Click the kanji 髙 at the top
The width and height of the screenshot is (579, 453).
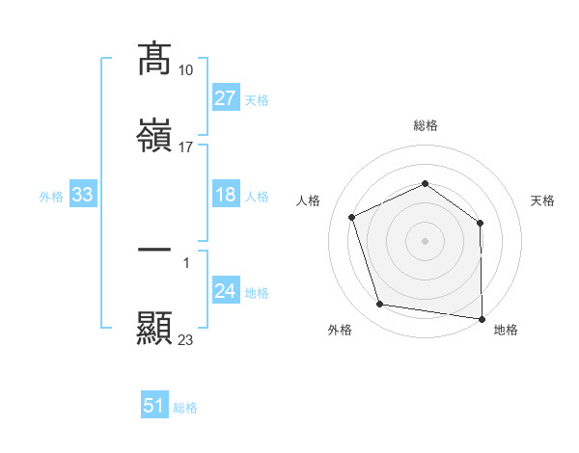click(x=154, y=60)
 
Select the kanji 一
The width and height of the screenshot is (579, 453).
click(x=154, y=250)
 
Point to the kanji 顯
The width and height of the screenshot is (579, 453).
click(x=154, y=328)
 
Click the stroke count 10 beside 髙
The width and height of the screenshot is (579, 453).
click(x=186, y=70)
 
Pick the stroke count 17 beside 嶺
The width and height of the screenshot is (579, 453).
click(x=186, y=147)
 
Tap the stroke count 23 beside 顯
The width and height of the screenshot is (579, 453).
click(x=186, y=339)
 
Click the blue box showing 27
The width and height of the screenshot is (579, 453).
click(x=225, y=98)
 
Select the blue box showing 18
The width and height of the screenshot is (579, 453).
click(x=225, y=196)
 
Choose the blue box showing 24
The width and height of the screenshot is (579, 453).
click(x=225, y=292)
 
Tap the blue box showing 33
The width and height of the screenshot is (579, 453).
click(x=82, y=196)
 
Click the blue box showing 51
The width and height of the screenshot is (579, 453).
click(x=154, y=406)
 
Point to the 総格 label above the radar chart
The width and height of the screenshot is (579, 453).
click(x=426, y=125)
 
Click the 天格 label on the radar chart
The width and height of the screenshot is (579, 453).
click(x=542, y=200)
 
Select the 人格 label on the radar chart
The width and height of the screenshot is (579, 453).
click(x=309, y=200)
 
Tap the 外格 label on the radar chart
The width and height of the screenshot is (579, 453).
click(x=340, y=330)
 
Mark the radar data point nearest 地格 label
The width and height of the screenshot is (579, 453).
click(x=482, y=318)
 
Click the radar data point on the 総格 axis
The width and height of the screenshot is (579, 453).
click(x=425, y=183)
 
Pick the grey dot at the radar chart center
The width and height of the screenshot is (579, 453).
click(x=425, y=240)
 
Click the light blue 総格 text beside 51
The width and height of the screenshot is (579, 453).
click(x=185, y=408)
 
